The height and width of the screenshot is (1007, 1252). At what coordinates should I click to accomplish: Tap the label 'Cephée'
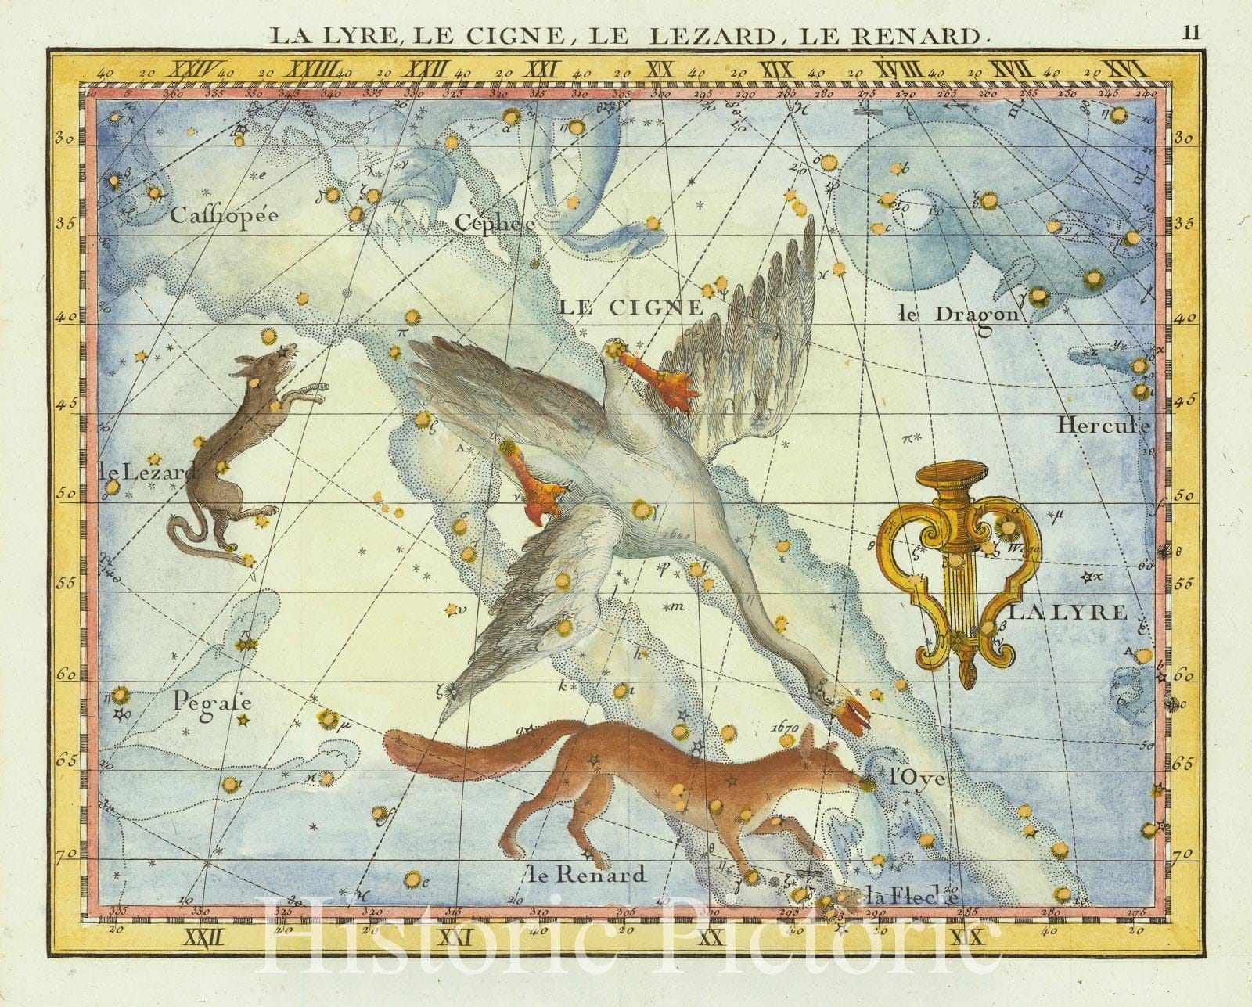click(x=495, y=223)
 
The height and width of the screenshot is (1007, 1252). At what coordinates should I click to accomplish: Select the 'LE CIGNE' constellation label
click(x=631, y=307)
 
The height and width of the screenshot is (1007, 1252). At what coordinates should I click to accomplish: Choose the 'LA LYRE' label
click(x=1067, y=612)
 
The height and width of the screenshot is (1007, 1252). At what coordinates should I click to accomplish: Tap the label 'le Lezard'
click(x=146, y=472)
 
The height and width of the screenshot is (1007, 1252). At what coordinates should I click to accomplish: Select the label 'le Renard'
click(x=587, y=873)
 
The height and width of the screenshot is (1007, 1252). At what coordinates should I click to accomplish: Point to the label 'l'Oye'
click(x=920, y=779)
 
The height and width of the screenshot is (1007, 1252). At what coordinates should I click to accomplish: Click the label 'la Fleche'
click(x=912, y=897)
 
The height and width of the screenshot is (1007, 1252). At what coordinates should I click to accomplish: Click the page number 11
click(x=1192, y=32)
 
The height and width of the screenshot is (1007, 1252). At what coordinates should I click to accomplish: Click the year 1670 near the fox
click(x=782, y=727)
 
